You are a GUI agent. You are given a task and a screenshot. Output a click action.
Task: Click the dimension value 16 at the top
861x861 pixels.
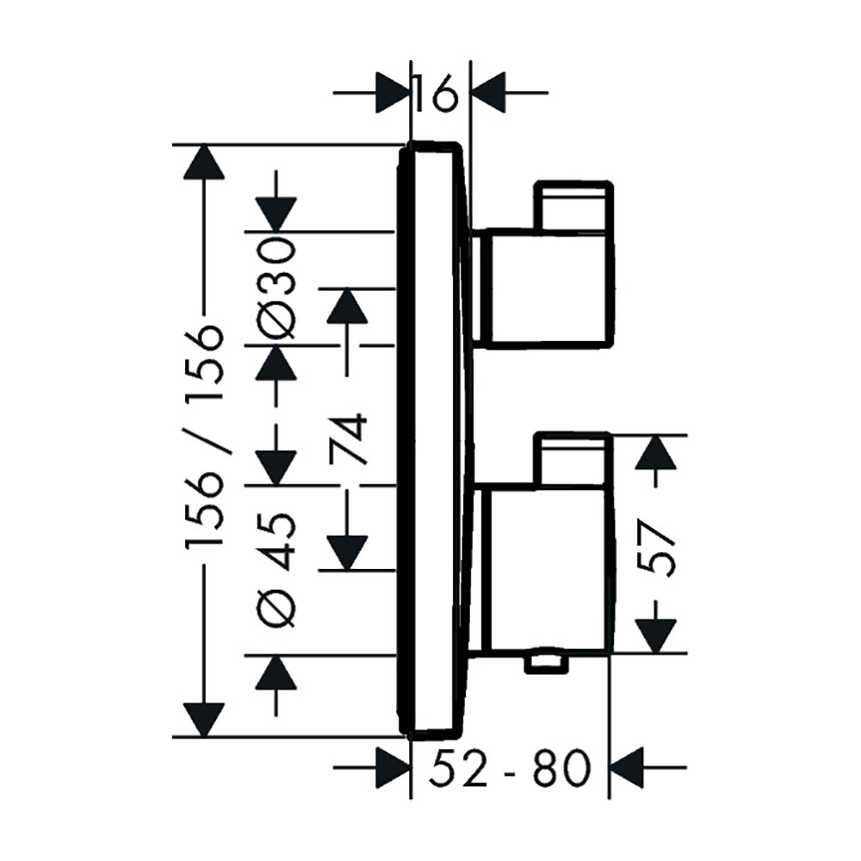click(x=437, y=94)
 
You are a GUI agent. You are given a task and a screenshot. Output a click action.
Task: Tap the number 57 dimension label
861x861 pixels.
click(x=656, y=548)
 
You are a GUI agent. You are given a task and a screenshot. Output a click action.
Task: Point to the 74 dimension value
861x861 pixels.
click(x=348, y=440)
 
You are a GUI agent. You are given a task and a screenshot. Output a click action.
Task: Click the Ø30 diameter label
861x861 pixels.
click(x=277, y=288)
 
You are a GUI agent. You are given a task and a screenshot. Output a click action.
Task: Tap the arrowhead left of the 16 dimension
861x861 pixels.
click(x=393, y=93)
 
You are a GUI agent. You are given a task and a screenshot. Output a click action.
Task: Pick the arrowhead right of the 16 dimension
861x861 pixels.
click(x=489, y=93)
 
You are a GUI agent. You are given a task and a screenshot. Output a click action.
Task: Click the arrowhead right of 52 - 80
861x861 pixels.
click(x=627, y=767)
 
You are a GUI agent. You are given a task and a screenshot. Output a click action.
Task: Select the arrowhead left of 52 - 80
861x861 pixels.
click(x=393, y=767)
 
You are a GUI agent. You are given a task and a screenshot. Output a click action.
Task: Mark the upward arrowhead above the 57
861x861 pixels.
click(x=655, y=453)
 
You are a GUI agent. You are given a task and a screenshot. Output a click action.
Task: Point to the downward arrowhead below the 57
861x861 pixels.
click(x=655, y=635)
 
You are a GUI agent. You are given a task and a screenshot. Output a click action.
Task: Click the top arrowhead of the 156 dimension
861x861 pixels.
click(x=204, y=162)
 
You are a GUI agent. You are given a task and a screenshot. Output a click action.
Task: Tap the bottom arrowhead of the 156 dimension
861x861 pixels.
click(x=204, y=720)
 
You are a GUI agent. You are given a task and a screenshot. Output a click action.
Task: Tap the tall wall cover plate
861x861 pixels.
click(x=433, y=438)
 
